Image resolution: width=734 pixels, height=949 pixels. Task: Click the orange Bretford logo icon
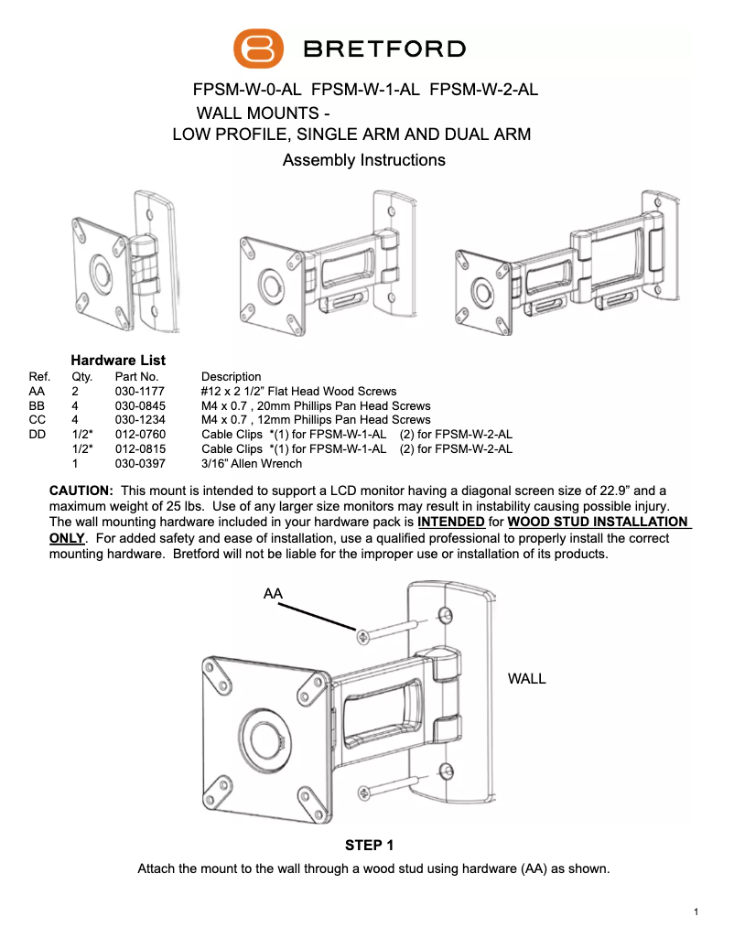259,49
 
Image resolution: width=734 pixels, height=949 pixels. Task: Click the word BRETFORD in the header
384,49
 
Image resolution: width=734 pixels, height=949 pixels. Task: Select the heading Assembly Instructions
364,161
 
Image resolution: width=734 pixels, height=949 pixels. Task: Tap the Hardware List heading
118,361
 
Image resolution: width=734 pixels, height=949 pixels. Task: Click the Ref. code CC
38,420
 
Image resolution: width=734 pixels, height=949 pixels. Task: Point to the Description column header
231,376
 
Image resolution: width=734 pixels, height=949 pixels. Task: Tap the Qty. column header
81,376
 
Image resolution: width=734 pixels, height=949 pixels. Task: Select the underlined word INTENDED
451,522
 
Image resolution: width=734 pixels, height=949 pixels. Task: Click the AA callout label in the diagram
273,594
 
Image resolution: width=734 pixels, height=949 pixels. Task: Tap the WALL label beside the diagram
526,679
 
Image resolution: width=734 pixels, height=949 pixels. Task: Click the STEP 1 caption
369,845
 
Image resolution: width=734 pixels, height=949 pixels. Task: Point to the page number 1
696,911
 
